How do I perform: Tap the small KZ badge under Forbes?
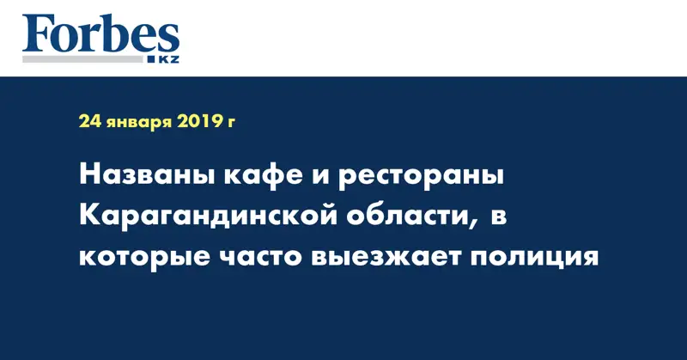(165, 58)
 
